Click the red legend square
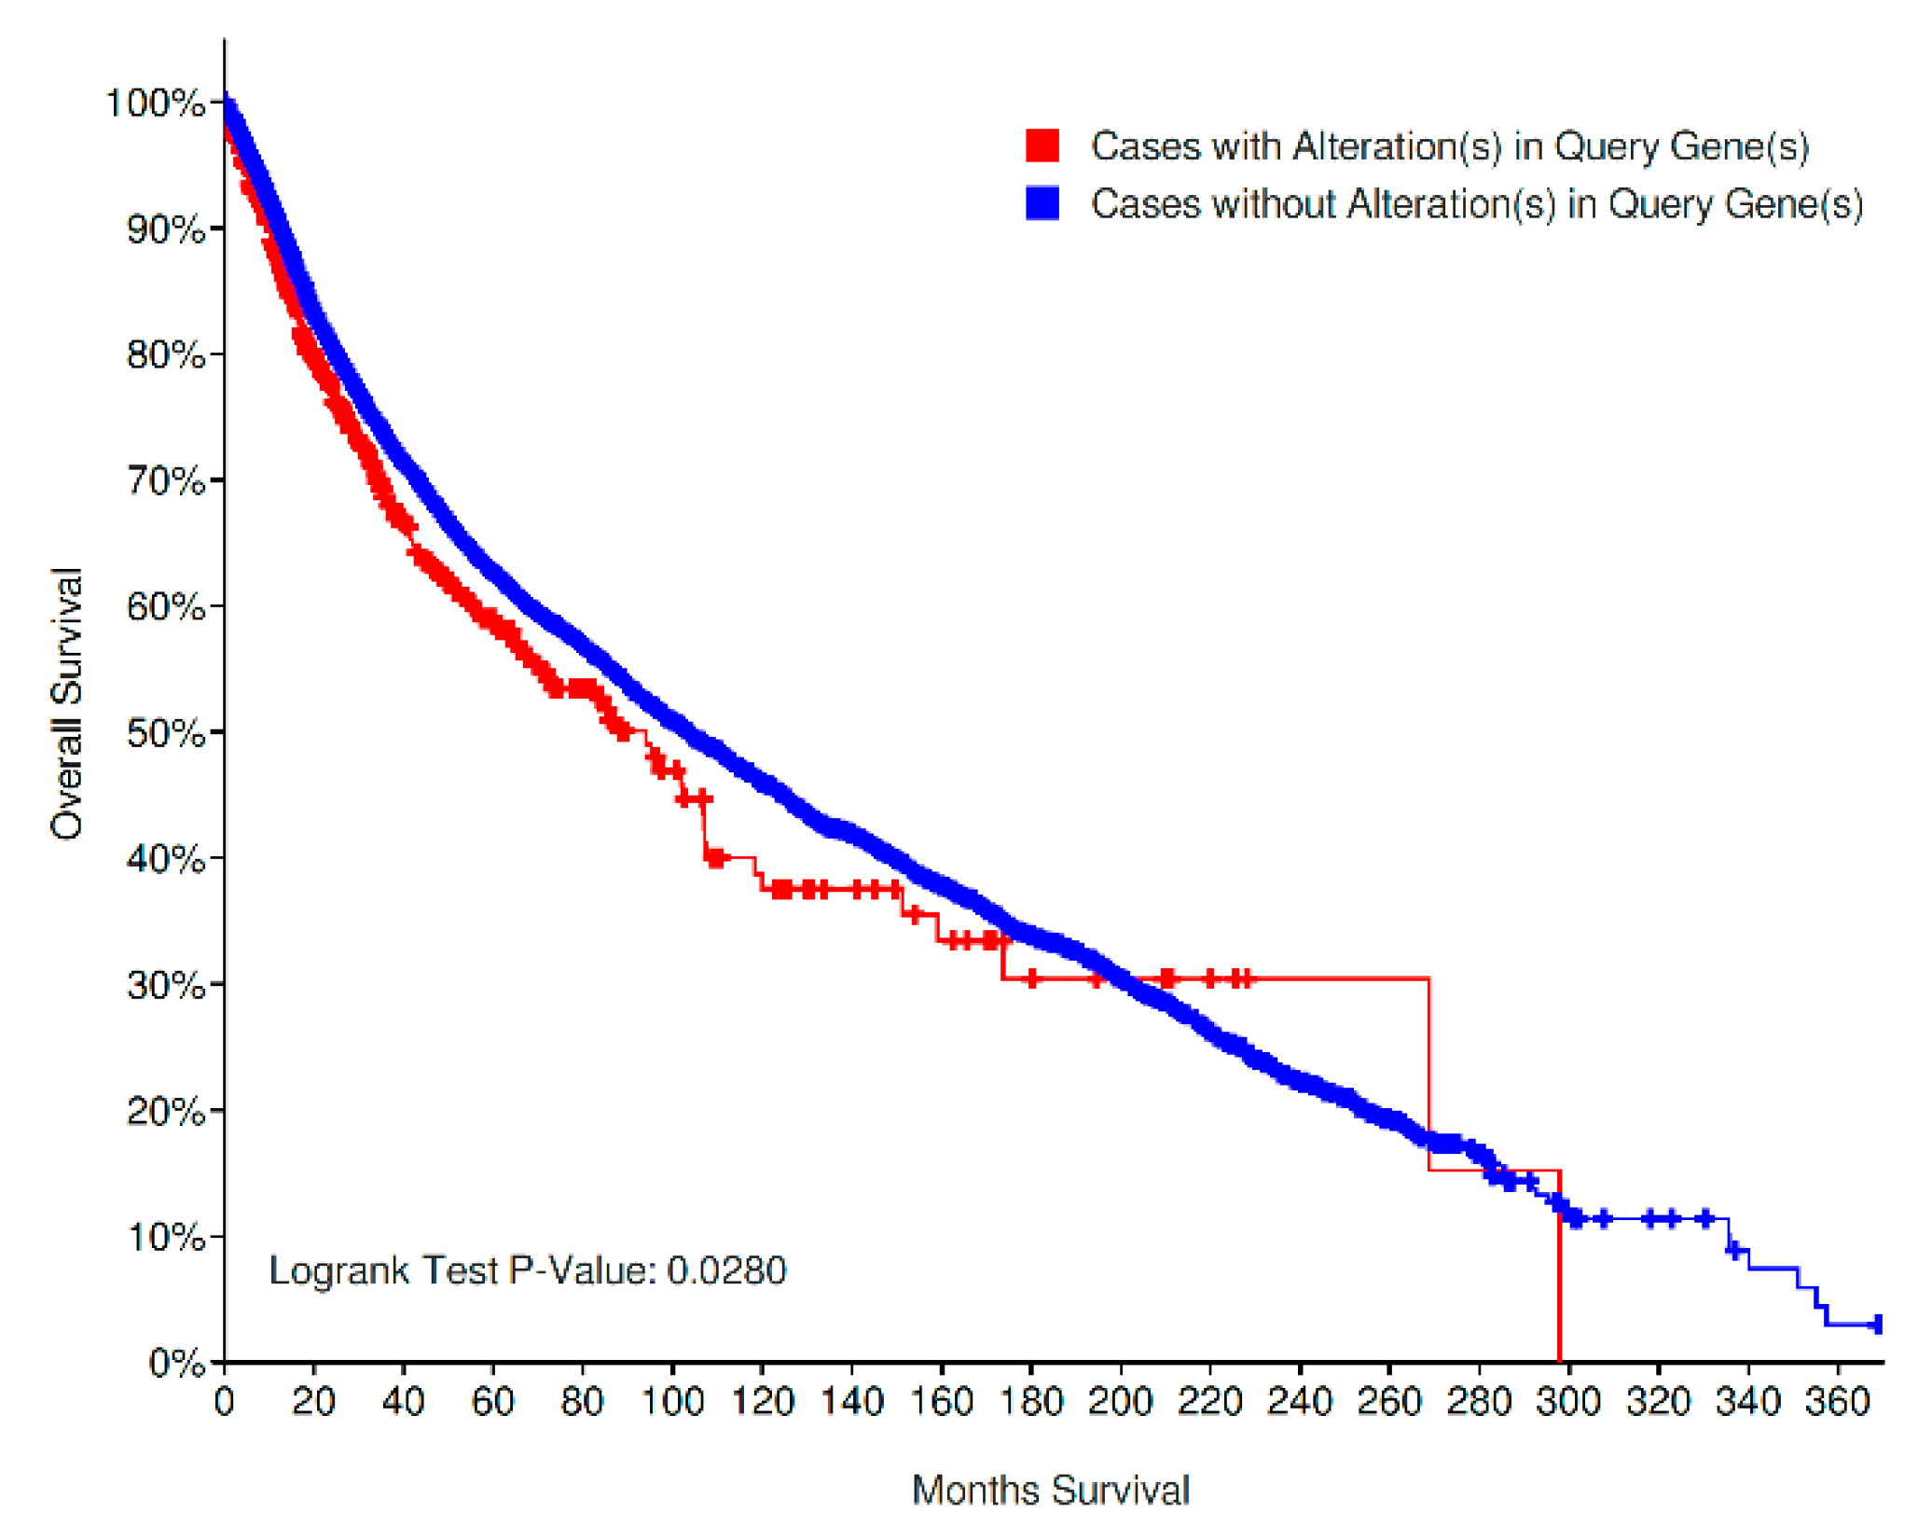[1043, 146]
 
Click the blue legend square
[1043, 203]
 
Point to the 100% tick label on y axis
[155, 103]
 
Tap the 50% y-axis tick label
[166, 733]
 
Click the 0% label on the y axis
[176, 1364]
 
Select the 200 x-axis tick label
[1121, 1402]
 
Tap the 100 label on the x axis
[672, 1402]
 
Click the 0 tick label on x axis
[225, 1402]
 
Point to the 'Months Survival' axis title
[1052, 1491]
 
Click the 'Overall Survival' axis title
[67, 704]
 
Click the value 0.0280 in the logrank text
[727, 1271]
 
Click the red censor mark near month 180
[1032, 979]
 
